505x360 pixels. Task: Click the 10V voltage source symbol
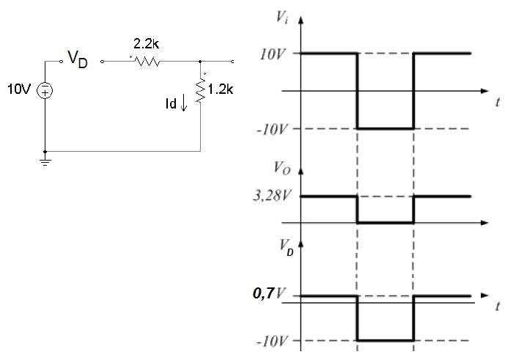45,90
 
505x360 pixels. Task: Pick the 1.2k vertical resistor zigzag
201,91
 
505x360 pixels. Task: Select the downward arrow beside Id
183,103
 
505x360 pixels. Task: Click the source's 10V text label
20,89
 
